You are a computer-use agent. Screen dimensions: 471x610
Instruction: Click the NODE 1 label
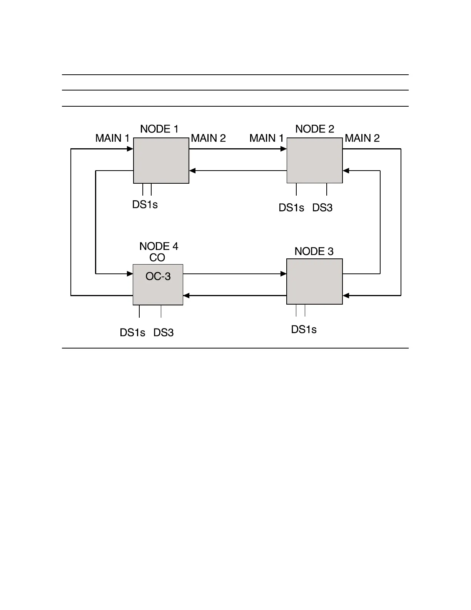pos(159,129)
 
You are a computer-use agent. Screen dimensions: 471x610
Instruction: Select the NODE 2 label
pos(315,129)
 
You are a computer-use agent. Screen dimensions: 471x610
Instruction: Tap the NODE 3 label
pos(314,251)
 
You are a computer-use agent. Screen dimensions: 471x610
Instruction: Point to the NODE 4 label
pos(159,246)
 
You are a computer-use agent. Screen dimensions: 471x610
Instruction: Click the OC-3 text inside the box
pos(158,277)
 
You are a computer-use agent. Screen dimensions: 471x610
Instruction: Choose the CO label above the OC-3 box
pos(157,258)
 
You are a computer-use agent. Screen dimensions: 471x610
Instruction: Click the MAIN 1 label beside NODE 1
pos(112,138)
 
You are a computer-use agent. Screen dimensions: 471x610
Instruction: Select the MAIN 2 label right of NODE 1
pos(208,138)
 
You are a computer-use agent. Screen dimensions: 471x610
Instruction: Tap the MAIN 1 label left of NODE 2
pos(266,138)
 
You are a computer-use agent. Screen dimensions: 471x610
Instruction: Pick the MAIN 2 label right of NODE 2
pos(362,138)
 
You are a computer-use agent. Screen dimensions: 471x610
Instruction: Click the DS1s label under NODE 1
pos(145,205)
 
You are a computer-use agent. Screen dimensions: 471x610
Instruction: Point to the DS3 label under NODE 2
pos(322,208)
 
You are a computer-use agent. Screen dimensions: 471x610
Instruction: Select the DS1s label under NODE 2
pos(291,208)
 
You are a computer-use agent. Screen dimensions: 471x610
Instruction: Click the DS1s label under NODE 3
pos(304,330)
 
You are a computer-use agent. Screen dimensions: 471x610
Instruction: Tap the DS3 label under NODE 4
pos(164,333)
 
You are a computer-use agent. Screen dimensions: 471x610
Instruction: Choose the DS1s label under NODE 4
pos(132,333)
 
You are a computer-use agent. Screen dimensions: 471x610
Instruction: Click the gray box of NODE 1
pos(161,161)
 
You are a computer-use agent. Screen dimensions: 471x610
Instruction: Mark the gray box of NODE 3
pos(315,282)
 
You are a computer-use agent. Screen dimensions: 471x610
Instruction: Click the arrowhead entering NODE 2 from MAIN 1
pos(284,149)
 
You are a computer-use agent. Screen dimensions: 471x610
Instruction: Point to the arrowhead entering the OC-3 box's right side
pos(186,296)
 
